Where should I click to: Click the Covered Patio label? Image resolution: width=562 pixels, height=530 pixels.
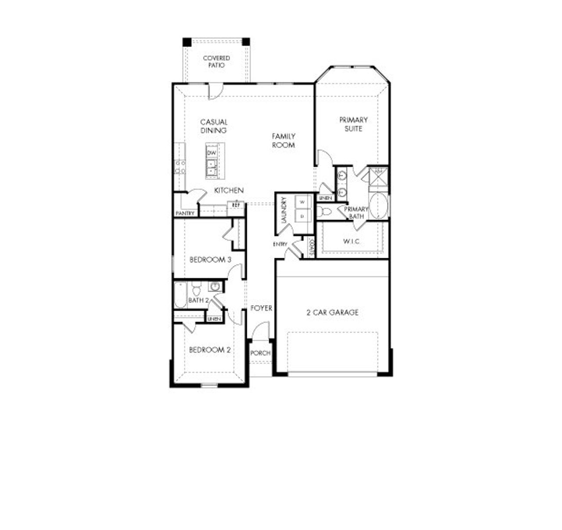[216, 61]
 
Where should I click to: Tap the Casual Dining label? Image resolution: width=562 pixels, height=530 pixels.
[214, 126]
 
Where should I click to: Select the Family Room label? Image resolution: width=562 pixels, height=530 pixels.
[283, 141]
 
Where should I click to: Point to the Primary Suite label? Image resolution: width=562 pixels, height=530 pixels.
[353, 124]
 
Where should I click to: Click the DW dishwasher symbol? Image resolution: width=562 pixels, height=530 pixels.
[212, 152]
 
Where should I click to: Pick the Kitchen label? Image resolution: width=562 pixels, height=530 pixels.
[229, 191]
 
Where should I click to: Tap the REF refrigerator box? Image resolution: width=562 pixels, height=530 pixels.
[236, 205]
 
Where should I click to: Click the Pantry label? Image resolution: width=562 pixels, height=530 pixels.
[185, 213]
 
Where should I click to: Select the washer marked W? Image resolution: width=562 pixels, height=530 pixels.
[302, 202]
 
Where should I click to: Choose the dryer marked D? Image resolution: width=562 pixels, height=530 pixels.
[302, 216]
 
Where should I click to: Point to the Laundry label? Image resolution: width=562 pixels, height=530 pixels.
[284, 211]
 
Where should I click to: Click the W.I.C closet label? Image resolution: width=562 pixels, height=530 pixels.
[352, 241]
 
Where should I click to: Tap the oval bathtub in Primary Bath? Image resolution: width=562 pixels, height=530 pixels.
[378, 206]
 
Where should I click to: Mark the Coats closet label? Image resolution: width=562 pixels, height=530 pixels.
[310, 248]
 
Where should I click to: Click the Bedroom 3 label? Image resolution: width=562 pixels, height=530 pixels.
[210, 260]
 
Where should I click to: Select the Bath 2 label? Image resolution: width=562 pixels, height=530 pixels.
[198, 300]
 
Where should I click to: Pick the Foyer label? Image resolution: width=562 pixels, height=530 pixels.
[261, 308]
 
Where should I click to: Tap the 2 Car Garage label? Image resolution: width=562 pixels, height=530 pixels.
[332, 313]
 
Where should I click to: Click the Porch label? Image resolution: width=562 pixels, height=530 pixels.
[260, 353]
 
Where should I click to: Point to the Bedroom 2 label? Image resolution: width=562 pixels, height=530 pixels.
[210, 350]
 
